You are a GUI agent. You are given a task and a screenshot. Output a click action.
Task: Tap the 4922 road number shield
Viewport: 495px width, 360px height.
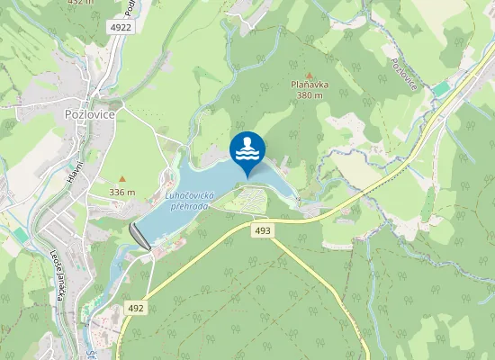121,27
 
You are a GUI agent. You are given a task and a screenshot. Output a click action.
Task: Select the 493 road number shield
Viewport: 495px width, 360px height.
262,231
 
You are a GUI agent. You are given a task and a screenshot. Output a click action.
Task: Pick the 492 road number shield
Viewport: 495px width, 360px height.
135,307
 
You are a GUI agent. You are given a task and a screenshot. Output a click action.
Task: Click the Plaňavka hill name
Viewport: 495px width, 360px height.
310,85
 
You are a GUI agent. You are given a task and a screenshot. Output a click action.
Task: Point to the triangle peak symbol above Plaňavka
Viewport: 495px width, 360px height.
310,75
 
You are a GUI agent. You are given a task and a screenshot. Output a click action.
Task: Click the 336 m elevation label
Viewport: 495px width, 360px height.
122,192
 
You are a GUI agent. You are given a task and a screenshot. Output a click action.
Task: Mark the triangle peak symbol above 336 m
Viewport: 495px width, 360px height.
122,180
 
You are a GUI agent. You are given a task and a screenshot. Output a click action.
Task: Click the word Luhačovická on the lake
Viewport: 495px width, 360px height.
187,195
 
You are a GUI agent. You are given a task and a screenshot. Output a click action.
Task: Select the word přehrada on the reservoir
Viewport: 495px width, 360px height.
187,206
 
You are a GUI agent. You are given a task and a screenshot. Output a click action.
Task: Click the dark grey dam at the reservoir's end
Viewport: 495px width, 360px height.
140,236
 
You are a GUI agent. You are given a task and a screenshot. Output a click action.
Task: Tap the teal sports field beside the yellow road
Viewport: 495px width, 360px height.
441,89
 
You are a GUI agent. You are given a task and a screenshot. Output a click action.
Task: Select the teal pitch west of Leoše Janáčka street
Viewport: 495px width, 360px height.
20,235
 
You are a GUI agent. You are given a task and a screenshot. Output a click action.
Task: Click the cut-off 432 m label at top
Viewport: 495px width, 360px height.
80,3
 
